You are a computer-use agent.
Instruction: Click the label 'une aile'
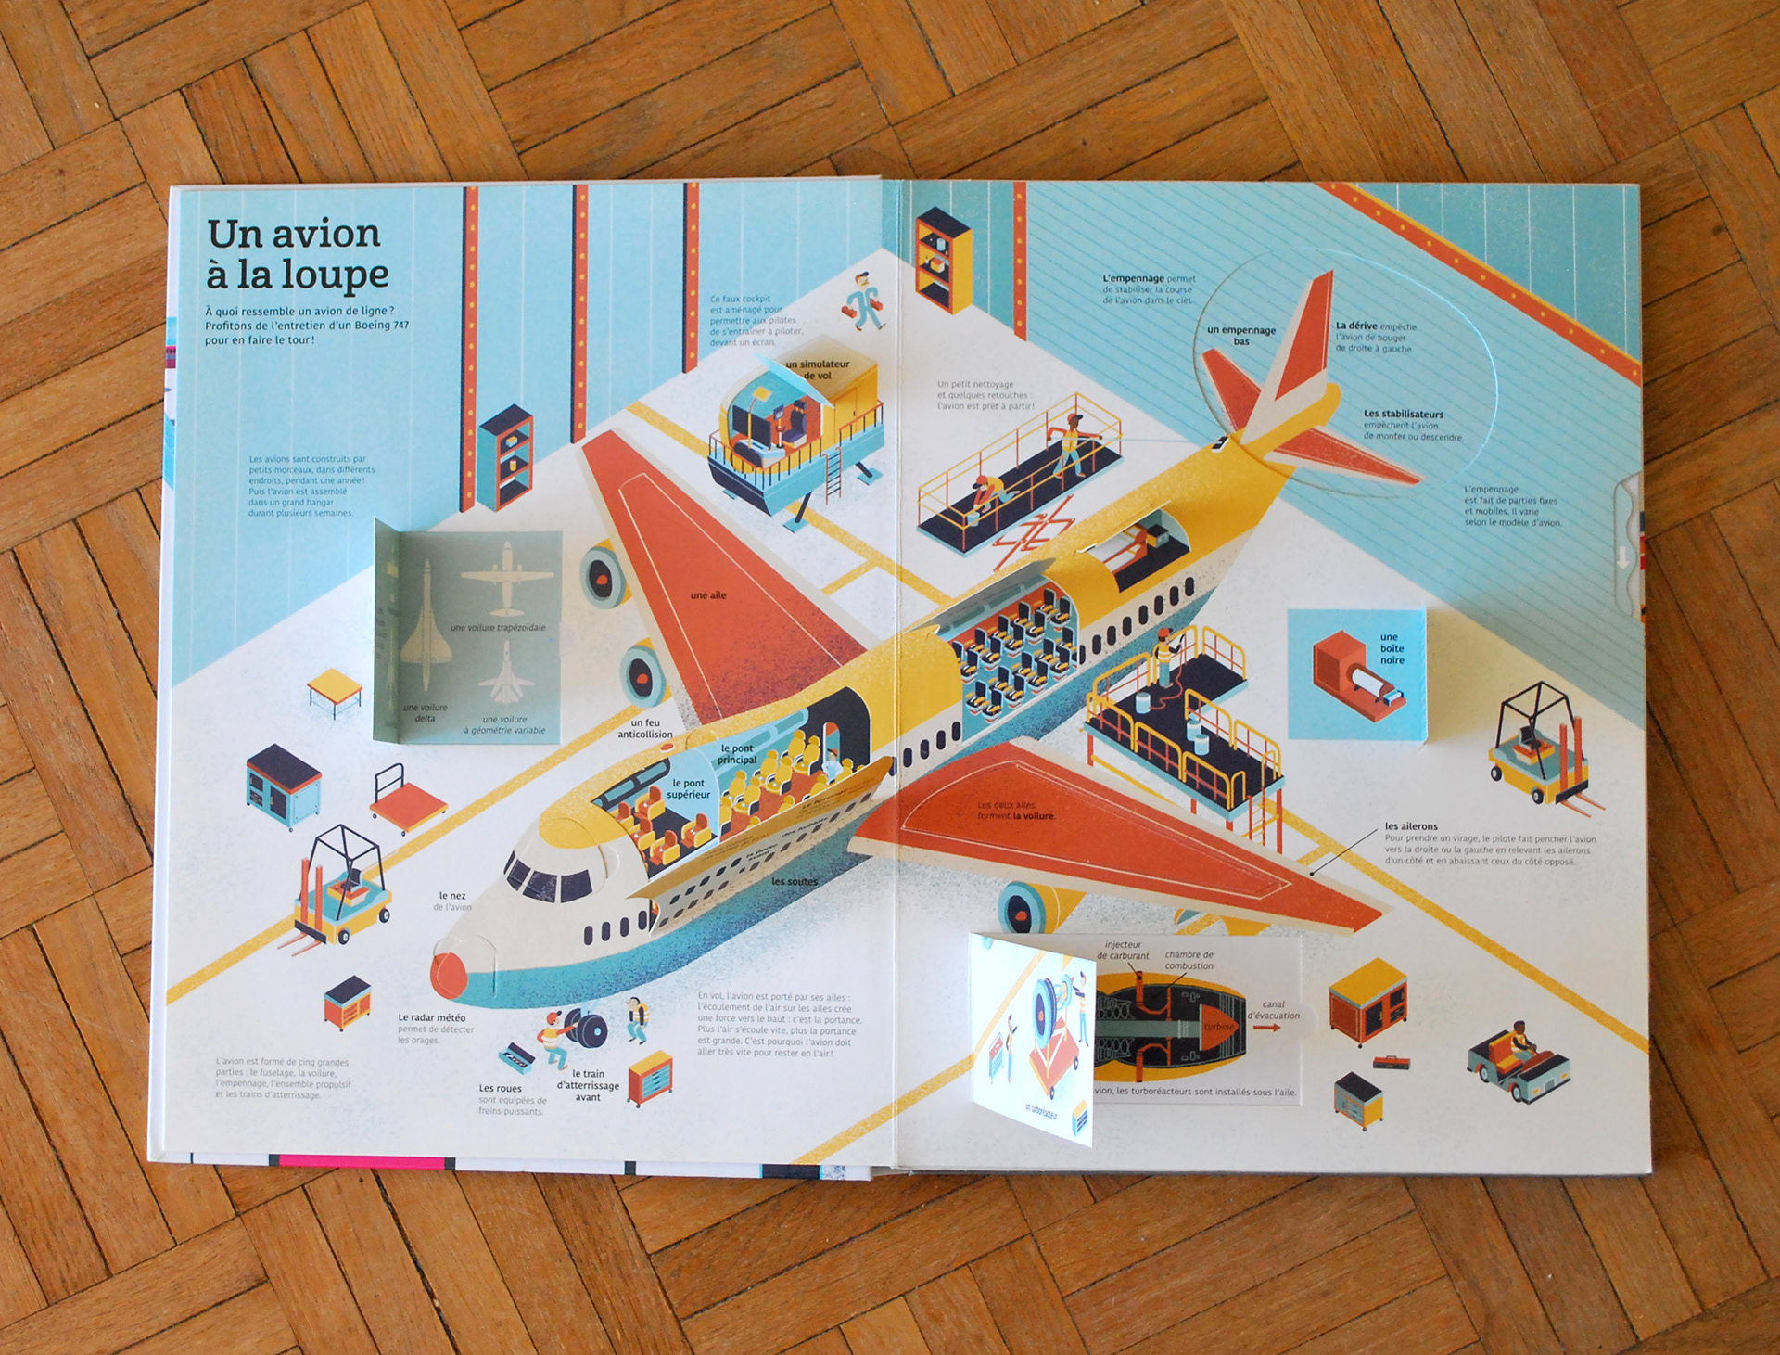(708, 595)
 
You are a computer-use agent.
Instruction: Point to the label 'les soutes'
(795, 881)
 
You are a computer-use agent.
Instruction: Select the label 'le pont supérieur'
(689, 788)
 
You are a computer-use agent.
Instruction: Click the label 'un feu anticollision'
(645, 729)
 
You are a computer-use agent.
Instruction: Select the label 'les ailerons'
(1411, 826)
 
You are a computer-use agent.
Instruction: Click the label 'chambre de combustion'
(1189, 960)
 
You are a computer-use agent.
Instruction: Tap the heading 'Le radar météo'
(432, 1018)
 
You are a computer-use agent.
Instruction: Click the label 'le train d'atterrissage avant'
(588, 1085)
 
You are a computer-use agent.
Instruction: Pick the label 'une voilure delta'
(426, 712)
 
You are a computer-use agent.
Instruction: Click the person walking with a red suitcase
(865, 302)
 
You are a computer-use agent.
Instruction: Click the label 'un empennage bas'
(1241, 336)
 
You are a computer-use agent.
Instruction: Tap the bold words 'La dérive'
(1356, 326)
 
